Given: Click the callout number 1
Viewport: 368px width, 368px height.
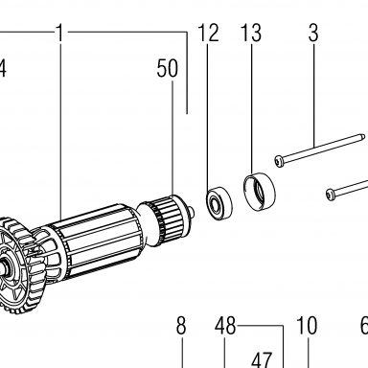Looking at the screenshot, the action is click(x=60, y=33).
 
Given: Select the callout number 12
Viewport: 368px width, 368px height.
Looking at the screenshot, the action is click(x=208, y=33).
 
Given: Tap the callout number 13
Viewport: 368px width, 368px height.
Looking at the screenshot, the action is click(x=251, y=33).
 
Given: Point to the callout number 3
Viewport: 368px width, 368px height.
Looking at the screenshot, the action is click(x=313, y=33).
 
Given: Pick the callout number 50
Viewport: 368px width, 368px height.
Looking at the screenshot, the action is click(x=167, y=68).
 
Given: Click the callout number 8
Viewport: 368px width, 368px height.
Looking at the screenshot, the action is click(x=181, y=326).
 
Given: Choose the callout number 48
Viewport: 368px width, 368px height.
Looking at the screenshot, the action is click(x=225, y=326).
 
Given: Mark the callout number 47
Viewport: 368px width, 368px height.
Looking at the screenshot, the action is click(x=262, y=359).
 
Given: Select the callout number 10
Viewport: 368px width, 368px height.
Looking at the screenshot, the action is click(x=307, y=326).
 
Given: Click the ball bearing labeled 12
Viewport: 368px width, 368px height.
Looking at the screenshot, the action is click(x=219, y=204).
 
